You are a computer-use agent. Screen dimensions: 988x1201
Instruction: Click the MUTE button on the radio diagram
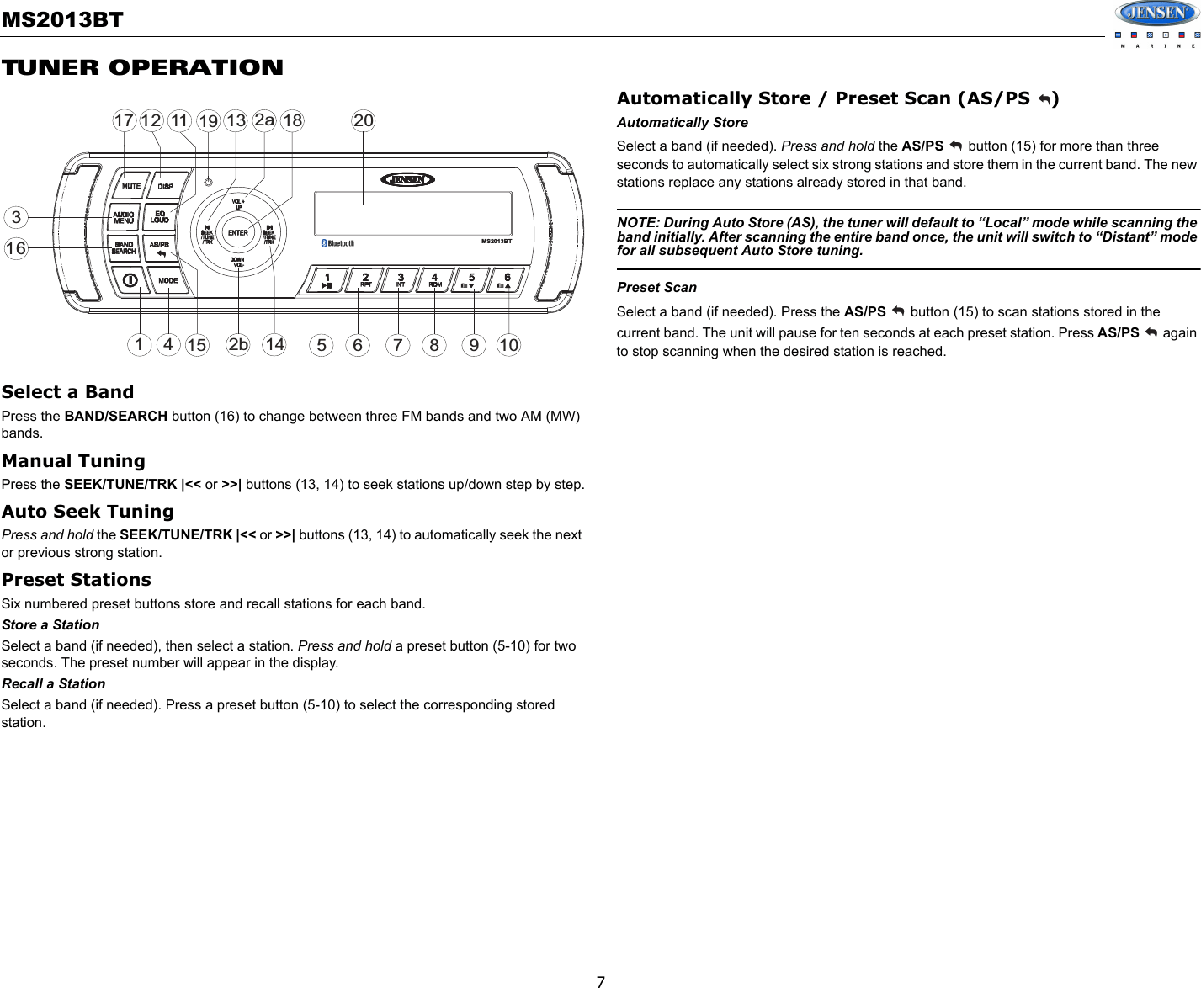click(130, 186)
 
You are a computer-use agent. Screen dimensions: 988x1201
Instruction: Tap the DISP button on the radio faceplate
click(165, 186)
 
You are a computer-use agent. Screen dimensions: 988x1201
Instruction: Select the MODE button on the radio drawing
click(167, 279)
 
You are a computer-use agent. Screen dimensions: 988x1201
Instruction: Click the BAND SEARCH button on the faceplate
click(124, 247)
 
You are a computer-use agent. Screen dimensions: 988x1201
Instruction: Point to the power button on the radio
click(130, 279)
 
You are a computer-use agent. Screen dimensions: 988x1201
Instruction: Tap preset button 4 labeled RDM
click(434, 280)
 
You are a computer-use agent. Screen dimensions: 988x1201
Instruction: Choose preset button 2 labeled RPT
click(365, 280)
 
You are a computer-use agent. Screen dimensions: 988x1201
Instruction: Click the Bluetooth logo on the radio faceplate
click(337, 243)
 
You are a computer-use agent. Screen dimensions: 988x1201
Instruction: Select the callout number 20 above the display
click(363, 120)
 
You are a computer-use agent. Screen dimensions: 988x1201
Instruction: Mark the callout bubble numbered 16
click(16, 248)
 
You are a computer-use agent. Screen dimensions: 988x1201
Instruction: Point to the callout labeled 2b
click(239, 345)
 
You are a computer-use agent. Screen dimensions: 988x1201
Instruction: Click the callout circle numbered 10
click(508, 345)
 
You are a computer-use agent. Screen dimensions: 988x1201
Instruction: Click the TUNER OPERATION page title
click(142, 67)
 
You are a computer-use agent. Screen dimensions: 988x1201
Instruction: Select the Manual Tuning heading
click(73, 460)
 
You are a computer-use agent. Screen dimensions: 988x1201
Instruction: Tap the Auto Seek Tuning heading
click(88, 511)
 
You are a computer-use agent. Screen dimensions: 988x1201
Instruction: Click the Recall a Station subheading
click(54, 683)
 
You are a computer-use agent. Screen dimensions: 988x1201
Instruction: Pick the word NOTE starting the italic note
click(637, 222)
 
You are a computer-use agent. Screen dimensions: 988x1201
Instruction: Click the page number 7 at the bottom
click(600, 981)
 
